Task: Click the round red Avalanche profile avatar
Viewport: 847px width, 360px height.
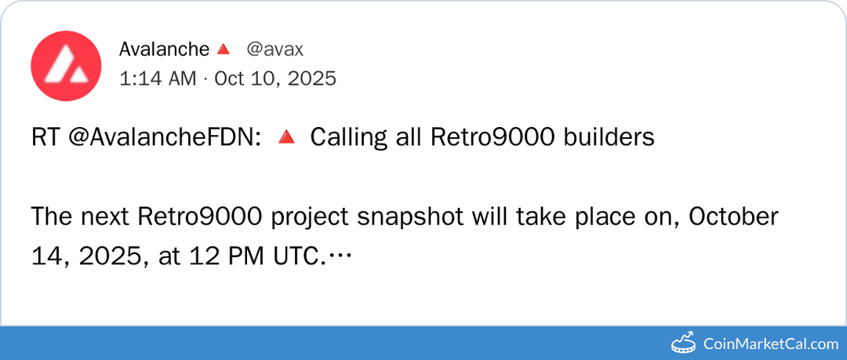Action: tap(66, 66)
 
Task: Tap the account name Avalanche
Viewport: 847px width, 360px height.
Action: tap(164, 49)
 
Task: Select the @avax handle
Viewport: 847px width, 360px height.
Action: tap(274, 49)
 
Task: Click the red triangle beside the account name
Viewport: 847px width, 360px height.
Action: tap(223, 50)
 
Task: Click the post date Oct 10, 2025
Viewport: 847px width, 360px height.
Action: tap(274, 78)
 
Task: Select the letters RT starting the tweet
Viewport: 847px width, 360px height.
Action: tap(44, 138)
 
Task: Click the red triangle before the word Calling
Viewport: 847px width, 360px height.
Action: tap(287, 138)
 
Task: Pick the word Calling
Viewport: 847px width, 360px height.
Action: tap(349, 138)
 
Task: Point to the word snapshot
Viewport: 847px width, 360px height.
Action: tap(409, 217)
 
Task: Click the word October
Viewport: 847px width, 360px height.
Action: tap(734, 217)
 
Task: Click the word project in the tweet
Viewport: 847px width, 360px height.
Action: tap(307, 217)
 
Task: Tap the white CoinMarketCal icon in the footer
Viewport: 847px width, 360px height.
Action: tap(685, 343)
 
